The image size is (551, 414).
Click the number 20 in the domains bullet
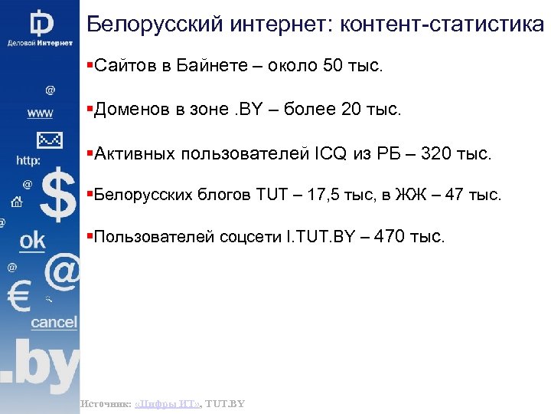[x=352, y=110]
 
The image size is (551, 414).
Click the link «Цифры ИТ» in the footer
[x=167, y=403]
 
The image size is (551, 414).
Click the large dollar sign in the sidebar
[x=58, y=195]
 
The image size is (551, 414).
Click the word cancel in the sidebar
[x=54, y=322]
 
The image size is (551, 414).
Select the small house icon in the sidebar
[x=15, y=203]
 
